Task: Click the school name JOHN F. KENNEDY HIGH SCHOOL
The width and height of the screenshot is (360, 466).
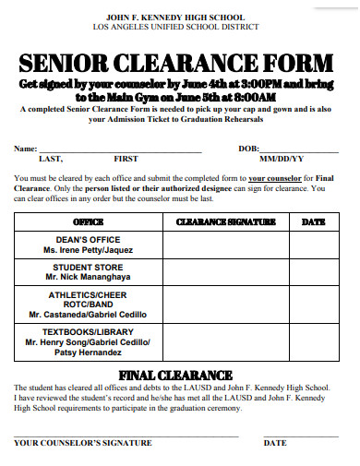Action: (175, 18)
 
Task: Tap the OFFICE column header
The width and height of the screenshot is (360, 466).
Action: (88, 222)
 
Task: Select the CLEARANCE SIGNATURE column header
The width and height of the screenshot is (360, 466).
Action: (225, 222)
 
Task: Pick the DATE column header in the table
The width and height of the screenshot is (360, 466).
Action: (313, 222)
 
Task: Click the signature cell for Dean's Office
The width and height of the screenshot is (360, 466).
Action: (225, 245)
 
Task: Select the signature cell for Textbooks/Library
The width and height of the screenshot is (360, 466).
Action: (225, 341)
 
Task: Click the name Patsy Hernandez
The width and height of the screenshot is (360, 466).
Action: (88, 352)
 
